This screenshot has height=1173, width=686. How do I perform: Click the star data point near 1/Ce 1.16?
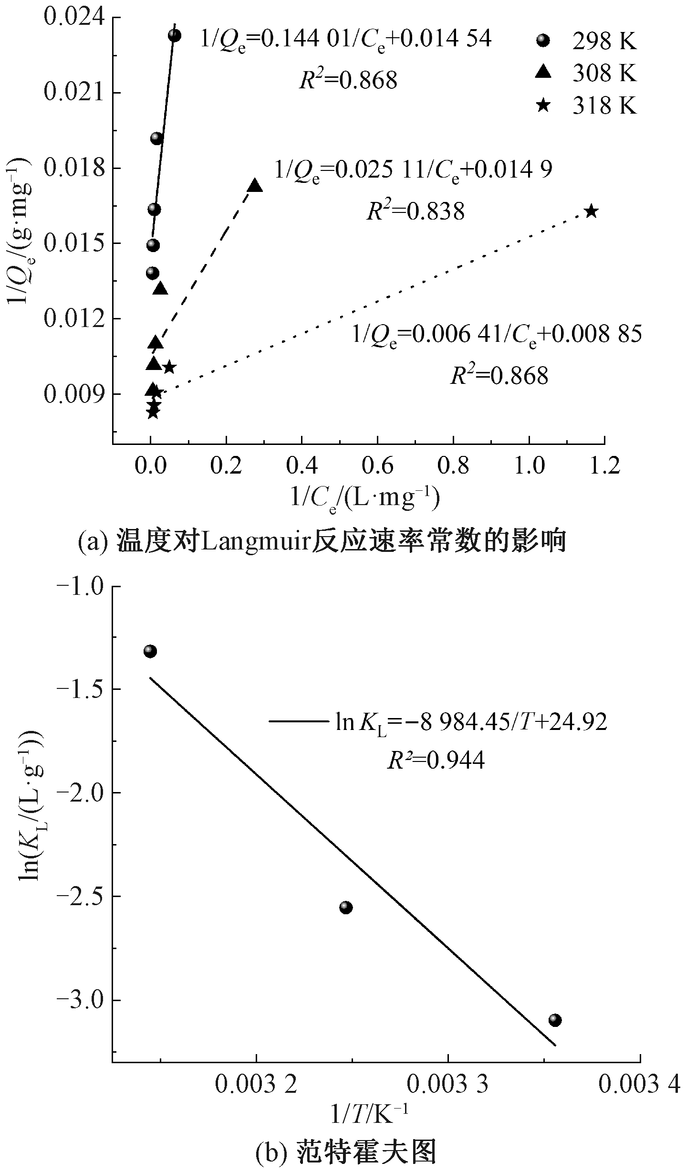tap(591, 211)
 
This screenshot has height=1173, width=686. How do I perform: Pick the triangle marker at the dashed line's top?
tap(255, 186)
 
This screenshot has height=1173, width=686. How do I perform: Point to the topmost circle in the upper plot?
tap(175, 35)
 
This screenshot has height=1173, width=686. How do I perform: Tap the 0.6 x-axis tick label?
tap(377, 465)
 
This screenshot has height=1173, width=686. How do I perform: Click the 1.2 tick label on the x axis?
tap(604, 465)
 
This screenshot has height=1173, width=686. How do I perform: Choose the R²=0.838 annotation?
tap(415, 211)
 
